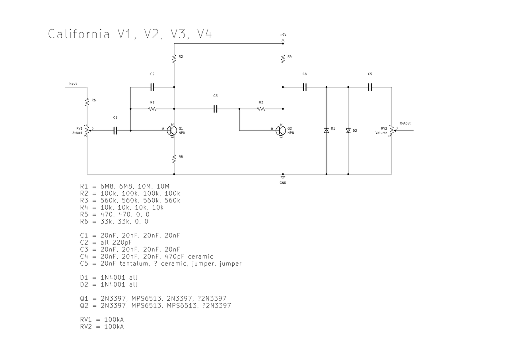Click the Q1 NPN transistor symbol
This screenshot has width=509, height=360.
(172, 131)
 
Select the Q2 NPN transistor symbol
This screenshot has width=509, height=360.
(281, 131)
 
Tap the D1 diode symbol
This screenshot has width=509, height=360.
(326, 130)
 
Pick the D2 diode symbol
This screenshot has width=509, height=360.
(348, 130)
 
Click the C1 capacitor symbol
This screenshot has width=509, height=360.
(115, 131)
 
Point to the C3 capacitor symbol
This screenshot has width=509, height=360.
(216, 109)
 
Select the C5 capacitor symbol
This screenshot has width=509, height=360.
(370, 87)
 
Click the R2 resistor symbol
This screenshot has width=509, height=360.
(174, 58)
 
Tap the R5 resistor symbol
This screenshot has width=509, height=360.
(174, 159)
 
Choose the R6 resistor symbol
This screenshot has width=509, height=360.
(87, 102)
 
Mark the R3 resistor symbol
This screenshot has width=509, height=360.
(261, 109)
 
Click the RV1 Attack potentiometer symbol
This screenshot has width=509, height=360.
(87, 131)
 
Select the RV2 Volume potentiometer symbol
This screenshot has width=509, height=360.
(392, 131)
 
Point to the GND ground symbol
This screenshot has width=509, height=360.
(283, 177)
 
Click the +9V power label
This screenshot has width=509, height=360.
(283, 35)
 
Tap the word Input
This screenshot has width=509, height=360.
(73, 84)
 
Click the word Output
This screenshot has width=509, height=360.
(405, 123)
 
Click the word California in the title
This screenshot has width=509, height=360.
(79, 34)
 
